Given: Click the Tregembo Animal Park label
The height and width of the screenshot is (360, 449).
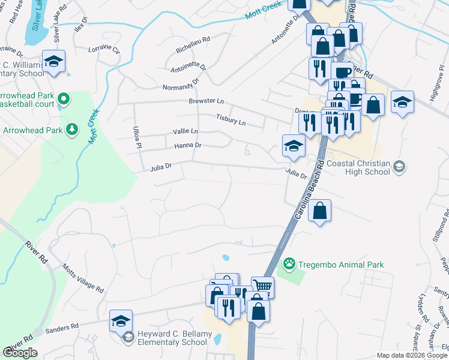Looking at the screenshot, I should point(342,265).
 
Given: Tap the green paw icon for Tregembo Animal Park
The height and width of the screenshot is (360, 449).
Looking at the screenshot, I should point(290,263).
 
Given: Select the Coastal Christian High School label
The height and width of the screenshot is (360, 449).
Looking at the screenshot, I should point(367,167).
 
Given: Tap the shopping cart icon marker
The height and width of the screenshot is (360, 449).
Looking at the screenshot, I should point(262,286).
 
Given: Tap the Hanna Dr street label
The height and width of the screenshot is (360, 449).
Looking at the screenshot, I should point(187,145).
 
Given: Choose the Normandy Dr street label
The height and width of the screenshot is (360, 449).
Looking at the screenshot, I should point(180,85).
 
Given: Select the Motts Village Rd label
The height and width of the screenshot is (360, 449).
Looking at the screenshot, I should point(83,278).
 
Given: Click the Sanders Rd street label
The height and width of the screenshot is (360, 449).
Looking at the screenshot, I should point(62,328).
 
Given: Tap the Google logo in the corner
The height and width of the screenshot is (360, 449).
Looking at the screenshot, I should point(20,353).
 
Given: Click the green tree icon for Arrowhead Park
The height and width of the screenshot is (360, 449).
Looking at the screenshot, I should point(71,130).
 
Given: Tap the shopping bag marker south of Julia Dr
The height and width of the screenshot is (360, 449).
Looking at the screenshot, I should point(320,211).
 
